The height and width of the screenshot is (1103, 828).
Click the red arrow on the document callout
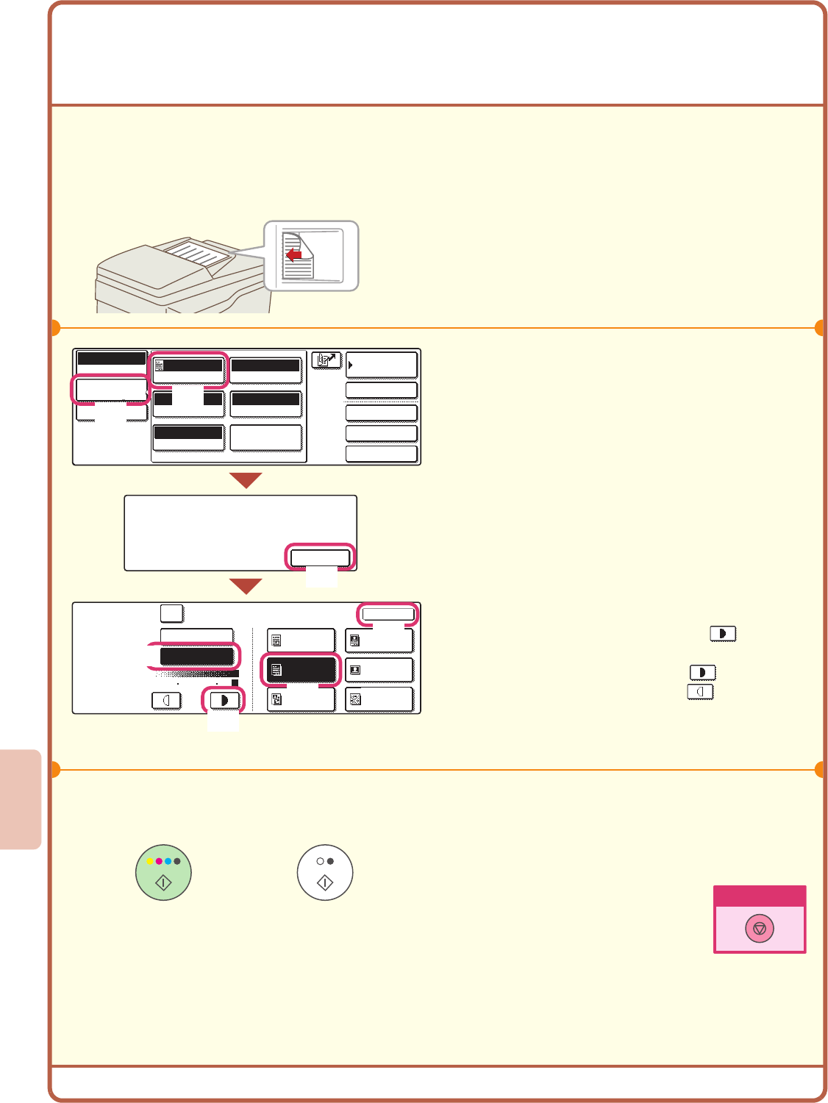(x=293, y=255)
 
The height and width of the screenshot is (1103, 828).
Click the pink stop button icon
(x=760, y=928)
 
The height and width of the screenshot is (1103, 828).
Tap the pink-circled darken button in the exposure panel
(x=224, y=700)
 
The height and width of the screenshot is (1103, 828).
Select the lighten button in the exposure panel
(x=166, y=700)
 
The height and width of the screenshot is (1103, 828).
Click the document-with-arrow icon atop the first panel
(x=326, y=360)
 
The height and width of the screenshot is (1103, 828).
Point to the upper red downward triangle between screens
(x=246, y=481)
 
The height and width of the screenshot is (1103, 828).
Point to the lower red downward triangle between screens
(x=246, y=586)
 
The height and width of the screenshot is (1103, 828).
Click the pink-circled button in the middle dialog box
(x=320, y=557)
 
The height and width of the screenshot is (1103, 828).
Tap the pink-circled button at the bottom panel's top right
(x=388, y=614)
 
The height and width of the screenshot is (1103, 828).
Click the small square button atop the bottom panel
(x=171, y=613)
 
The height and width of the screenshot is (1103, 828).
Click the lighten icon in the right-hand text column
(x=700, y=692)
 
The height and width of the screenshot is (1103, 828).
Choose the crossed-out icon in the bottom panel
(x=355, y=700)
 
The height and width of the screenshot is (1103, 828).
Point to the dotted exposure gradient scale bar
(x=197, y=674)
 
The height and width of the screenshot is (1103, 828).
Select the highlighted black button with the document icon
(x=301, y=670)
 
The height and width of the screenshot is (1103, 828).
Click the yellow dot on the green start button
(x=149, y=861)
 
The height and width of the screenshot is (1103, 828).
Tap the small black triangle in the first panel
(x=351, y=365)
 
